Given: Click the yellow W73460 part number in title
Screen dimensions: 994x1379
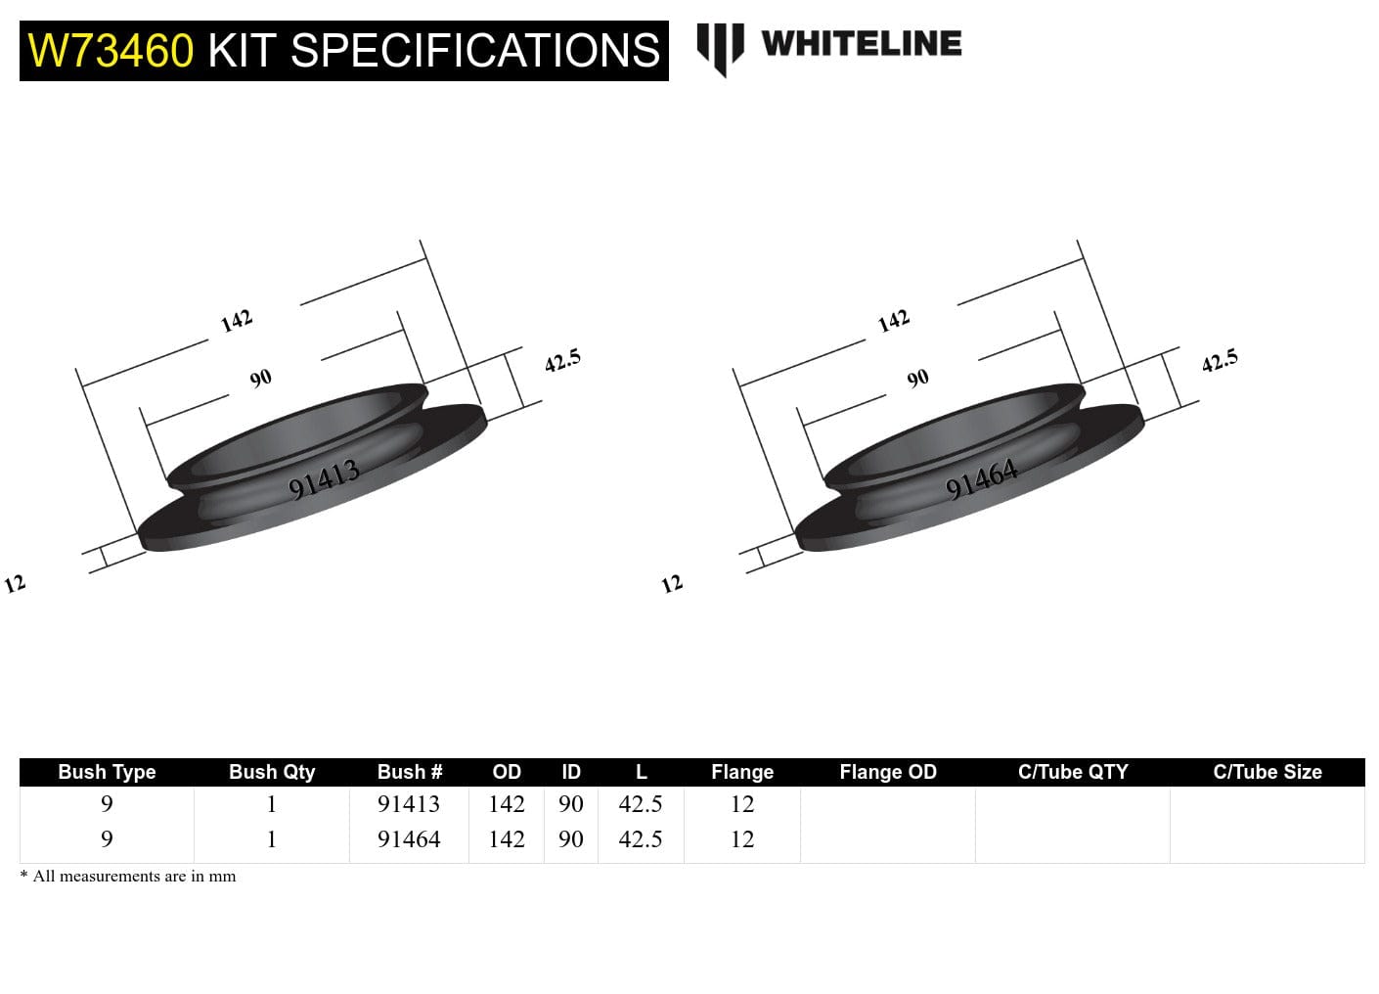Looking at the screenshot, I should coord(111,51).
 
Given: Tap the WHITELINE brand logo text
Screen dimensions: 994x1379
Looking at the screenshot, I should coord(861,44).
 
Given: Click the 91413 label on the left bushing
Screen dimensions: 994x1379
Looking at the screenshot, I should coord(325,479).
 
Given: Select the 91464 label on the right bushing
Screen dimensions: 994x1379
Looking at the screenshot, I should coord(982,479).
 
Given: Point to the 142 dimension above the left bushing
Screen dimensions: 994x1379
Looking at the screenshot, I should coord(237,321).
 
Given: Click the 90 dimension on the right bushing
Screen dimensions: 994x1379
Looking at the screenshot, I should coord(917,379).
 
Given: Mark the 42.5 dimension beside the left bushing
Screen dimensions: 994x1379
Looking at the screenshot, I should coord(562,361).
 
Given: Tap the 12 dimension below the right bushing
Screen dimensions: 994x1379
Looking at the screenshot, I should coord(672,585).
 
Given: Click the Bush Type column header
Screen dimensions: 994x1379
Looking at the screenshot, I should coord(107,772).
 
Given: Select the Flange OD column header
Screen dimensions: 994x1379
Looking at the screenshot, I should coord(887,772).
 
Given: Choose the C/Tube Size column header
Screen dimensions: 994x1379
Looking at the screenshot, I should coord(1267,772).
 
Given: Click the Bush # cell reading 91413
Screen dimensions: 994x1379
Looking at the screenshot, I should coord(409,804).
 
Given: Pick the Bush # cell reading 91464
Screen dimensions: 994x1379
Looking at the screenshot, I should coord(409,839).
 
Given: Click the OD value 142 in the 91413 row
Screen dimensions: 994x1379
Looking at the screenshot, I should coord(507,804).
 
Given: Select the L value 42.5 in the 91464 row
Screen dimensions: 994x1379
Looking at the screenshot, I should coord(641,839).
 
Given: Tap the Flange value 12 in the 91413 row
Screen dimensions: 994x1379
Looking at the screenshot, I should coord(742,804).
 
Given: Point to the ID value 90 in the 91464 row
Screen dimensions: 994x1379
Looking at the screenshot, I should coord(571,839).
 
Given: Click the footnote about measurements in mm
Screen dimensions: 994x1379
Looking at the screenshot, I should coord(128,877).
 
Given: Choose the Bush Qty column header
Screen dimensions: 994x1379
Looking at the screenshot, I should coord(272,772).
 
